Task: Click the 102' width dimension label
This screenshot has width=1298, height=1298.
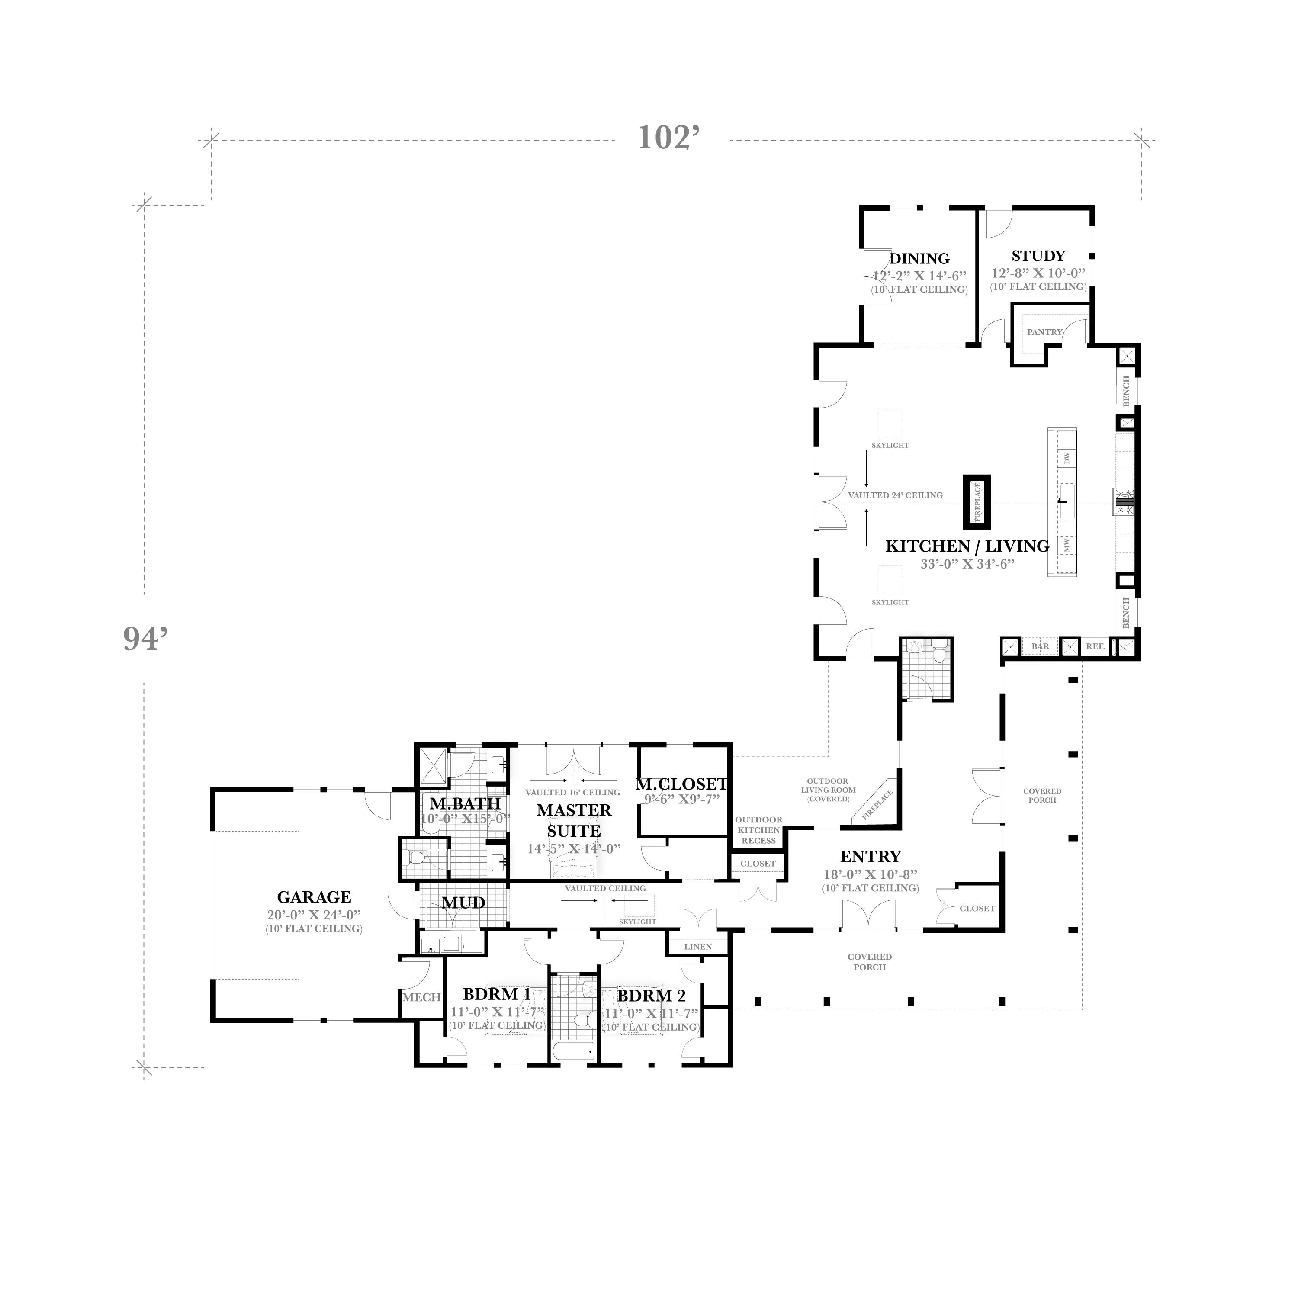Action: click(669, 138)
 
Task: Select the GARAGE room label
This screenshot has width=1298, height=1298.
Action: click(314, 897)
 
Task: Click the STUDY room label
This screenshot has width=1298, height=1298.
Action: click(1038, 256)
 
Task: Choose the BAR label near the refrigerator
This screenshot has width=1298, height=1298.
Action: click(1040, 646)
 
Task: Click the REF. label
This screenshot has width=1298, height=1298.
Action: click(1095, 646)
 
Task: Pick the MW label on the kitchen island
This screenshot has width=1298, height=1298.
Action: click(1067, 545)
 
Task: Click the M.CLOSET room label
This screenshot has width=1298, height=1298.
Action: click(681, 784)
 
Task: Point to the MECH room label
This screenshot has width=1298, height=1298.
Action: click(421, 998)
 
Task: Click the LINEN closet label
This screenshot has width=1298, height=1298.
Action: click(698, 947)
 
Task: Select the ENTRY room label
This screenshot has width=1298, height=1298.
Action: click(870, 857)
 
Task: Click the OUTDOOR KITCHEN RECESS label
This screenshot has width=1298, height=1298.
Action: click(758, 830)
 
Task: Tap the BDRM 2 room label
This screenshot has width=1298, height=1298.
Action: click(651, 996)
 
